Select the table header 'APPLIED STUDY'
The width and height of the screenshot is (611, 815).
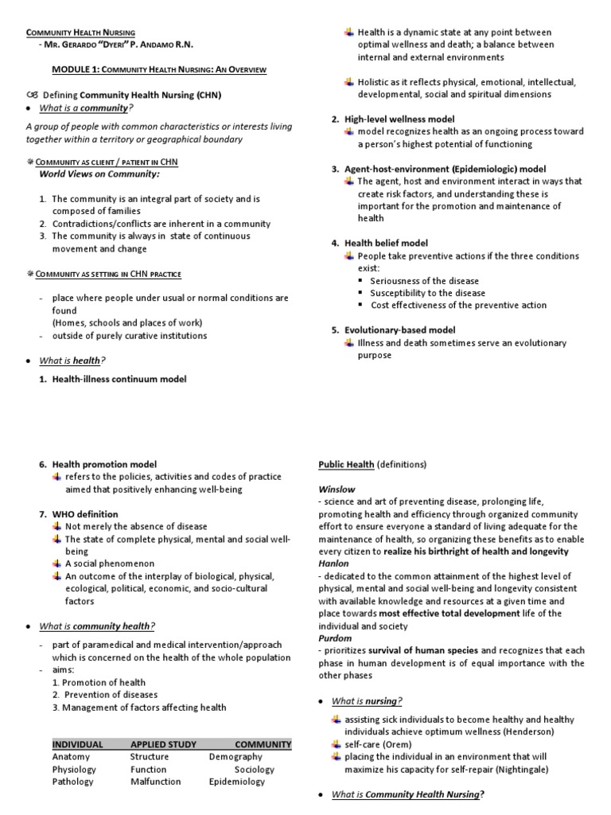[x=163, y=744]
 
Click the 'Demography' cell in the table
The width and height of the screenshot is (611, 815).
[x=235, y=757]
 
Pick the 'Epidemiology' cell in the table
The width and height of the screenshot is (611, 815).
[x=237, y=782]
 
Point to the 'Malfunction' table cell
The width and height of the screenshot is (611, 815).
[x=155, y=782]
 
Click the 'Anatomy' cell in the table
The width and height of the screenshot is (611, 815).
[x=71, y=757]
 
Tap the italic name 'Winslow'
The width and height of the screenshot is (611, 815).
[x=337, y=489]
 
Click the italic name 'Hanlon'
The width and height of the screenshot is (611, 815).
[x=334, y=563]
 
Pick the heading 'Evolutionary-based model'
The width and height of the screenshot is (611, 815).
[x=399, y=330]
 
